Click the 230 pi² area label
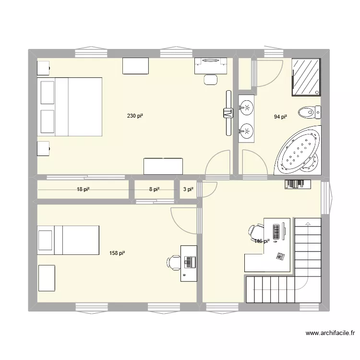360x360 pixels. (x=135, y=116)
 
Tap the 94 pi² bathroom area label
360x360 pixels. (x=280, y=117)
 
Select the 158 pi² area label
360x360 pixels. (x=117, y=253)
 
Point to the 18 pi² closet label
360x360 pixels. (x=84, y=190)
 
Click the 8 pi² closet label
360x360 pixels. (x=154, y=190)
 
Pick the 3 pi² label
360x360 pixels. (x=188, y=190)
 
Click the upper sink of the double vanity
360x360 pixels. (x=246, y=107)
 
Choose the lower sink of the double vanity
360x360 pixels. (x=246, y=130)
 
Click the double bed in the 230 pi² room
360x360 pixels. (x=70, y=107)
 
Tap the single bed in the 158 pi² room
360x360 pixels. (x=68, y=240)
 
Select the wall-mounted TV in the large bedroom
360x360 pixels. (x=227, y=113)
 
